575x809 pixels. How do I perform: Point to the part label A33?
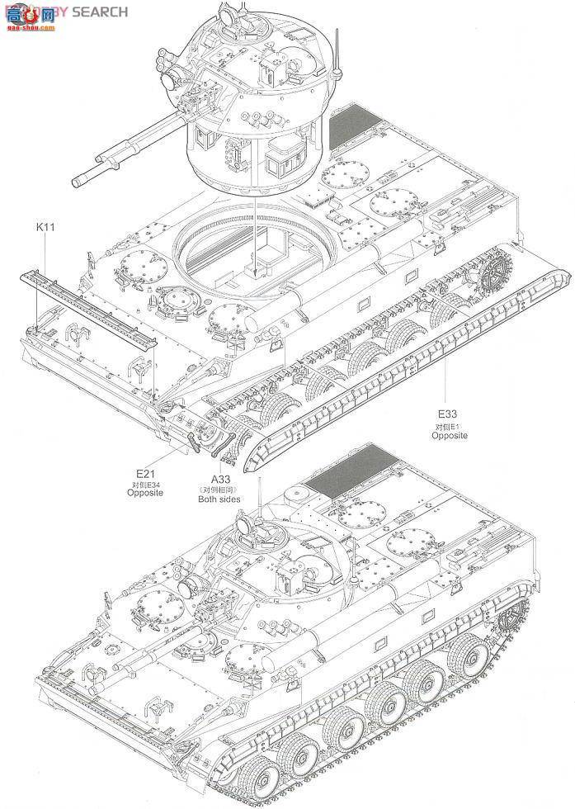(x=220, y=479)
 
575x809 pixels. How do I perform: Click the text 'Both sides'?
(x=220, y=499)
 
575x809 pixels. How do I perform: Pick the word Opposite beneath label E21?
(x=144, y=493)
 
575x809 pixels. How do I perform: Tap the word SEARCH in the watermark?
(x=99, y=12)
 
